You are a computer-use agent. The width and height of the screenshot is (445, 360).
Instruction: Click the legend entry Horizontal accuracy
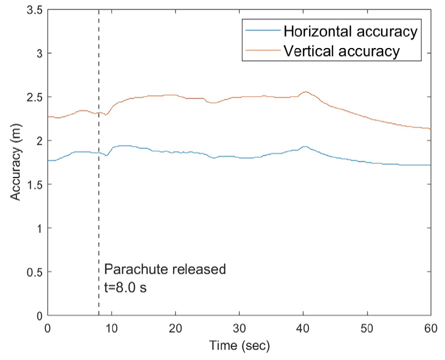coord(349,31)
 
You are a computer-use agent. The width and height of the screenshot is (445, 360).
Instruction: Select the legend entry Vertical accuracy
coord(342,52)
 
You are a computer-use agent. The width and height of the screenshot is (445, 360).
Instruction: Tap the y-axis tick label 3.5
coord(33,10)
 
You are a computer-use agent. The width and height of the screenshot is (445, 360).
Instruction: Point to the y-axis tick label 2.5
coord(33,97)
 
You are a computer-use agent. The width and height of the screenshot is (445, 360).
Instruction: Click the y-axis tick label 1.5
coord(33,185)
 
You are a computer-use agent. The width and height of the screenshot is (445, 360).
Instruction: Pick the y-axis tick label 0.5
coord(33,272)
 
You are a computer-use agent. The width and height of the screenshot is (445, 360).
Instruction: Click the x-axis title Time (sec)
coord(239,345)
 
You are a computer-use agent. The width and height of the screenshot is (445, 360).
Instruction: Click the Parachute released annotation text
coord(164,269)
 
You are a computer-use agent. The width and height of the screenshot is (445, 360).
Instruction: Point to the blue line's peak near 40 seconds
coord(305,146)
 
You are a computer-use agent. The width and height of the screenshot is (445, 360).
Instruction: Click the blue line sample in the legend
coord(263,31)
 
